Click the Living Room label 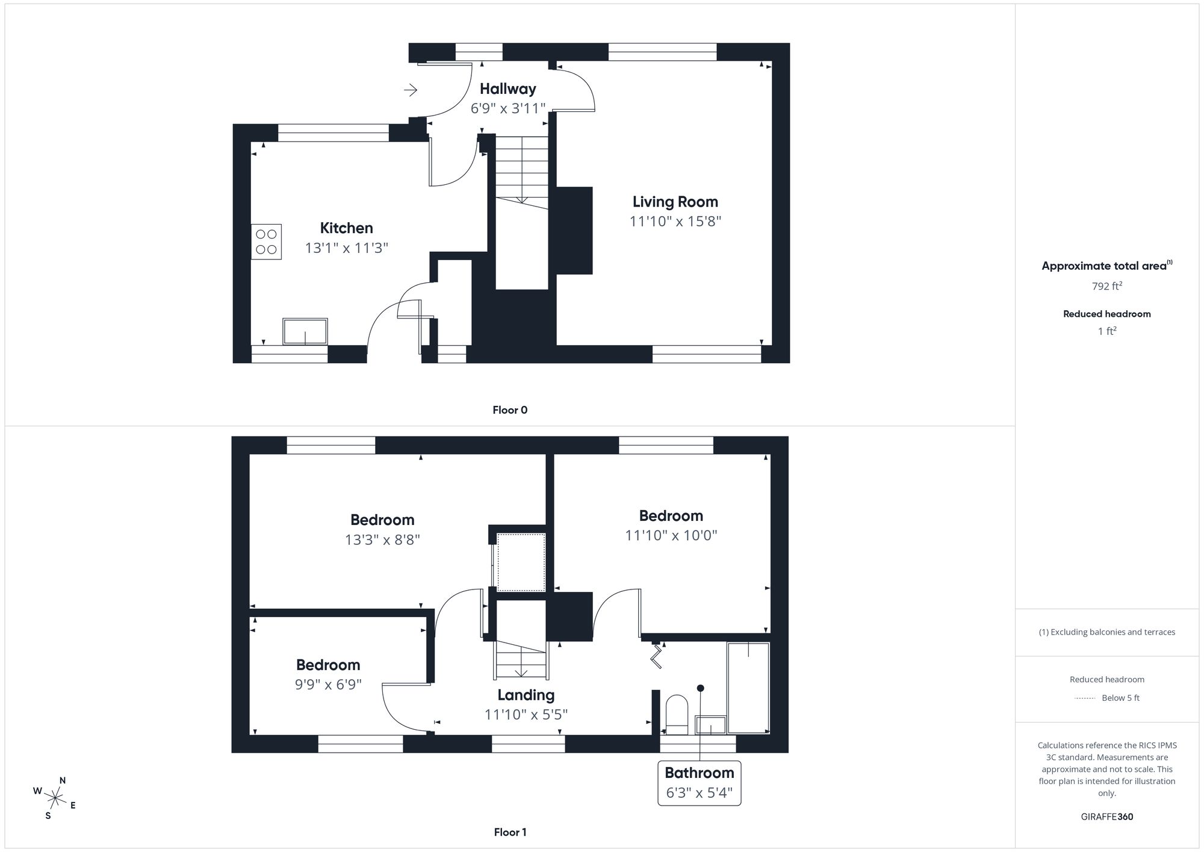tap(675, 202)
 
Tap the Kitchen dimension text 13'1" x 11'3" tap(346, 247)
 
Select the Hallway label tap(507, 89)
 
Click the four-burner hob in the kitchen tap(266, 241)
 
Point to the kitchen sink tap(305, 331)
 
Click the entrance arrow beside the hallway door tap(411, 90)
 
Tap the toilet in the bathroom tap(677, 715)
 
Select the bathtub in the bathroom tap(748, 688)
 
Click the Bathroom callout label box tap(699, 782)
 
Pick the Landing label tap(526, 695)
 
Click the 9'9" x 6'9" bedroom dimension tap(328, 685)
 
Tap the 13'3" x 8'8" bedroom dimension tap(382, 539)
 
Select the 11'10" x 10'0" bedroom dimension tap(671, 535)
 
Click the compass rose tap(55, 798)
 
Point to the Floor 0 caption tap(510, 410)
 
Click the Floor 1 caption tap(510, 832)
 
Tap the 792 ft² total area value tap(1106, 286)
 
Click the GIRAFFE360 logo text tap(1106, 817)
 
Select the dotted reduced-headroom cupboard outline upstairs tap(521, 562)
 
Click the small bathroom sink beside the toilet tap(710, 725)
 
